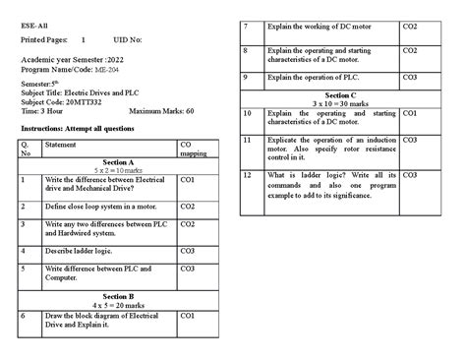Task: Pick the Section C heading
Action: pos(339,96)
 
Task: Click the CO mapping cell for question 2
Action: pos(188,207)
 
